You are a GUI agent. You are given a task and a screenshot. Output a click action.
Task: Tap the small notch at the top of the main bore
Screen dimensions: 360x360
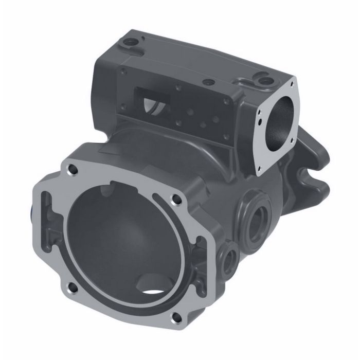tap(109, 191)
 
